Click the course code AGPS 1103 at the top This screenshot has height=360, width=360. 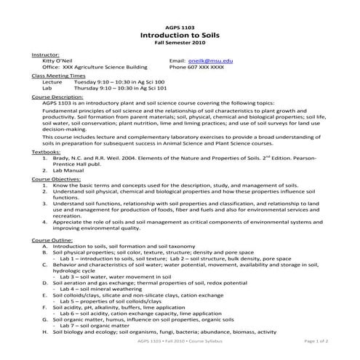(180, 25)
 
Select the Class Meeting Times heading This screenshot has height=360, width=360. (59, 76)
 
